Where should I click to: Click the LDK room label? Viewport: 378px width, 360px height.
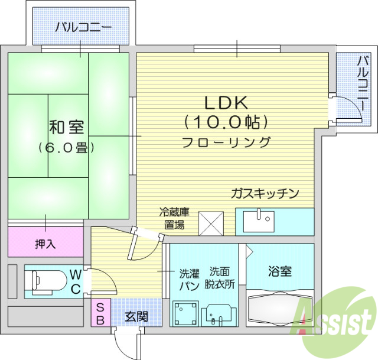pos(226,102)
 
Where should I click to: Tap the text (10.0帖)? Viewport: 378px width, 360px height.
pos(226,122)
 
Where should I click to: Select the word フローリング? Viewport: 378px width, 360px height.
pos(226,142)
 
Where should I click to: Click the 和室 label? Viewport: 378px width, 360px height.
pos(66,127)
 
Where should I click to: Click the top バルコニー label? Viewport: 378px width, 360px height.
pos(83,27)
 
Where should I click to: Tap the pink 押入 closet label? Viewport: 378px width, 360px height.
pos(45,243)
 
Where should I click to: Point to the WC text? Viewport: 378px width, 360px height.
pos(76,281)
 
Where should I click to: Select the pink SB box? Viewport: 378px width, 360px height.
pos(100,313)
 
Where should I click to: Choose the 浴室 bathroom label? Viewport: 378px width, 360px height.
pos(280,271)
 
